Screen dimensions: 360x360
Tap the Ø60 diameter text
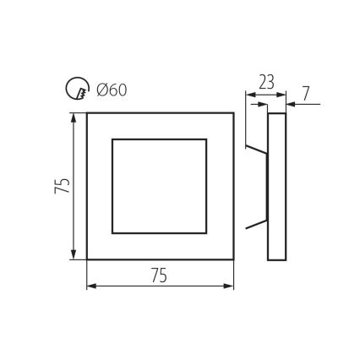[112, 89]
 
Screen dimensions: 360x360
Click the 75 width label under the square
[159, 275]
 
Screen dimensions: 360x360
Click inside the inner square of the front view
[160, 185]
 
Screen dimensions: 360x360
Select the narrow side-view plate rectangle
[277, 185]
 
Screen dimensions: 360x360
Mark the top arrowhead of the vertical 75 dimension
[75, 117]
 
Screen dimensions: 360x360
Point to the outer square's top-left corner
[87, 112]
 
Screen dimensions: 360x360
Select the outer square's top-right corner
[233, 112]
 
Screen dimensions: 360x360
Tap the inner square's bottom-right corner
[207, 232]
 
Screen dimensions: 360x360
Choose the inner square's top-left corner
[112, 139]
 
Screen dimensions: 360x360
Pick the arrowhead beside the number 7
[290, 104]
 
